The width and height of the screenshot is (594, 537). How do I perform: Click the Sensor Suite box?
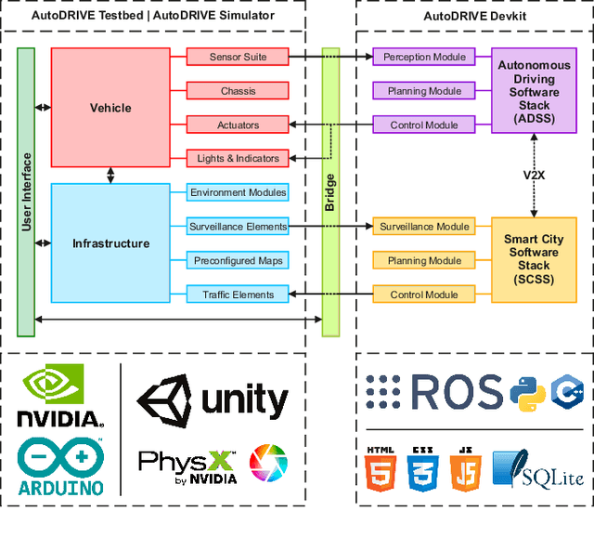pos(238,57)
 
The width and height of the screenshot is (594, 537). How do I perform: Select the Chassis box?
pos(238,91)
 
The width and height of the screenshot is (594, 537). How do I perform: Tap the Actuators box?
pos(238,124)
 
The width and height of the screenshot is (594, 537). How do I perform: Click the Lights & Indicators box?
pos(238,158)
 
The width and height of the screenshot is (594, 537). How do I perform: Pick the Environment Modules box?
pos(238,192)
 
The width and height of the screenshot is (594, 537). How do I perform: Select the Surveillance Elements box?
pos(238,226)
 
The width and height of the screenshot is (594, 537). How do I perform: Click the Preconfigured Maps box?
pos(238,260)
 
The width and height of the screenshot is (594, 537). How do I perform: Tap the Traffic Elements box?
pos(238,295)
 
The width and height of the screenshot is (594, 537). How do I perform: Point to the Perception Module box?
pos(424,57)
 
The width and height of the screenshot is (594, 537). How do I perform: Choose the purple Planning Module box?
pos(424,91)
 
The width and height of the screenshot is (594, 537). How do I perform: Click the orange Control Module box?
pos(424,295)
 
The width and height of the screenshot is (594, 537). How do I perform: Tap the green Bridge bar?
pos(330,191)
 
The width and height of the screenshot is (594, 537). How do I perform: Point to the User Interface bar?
pos(26,191)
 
